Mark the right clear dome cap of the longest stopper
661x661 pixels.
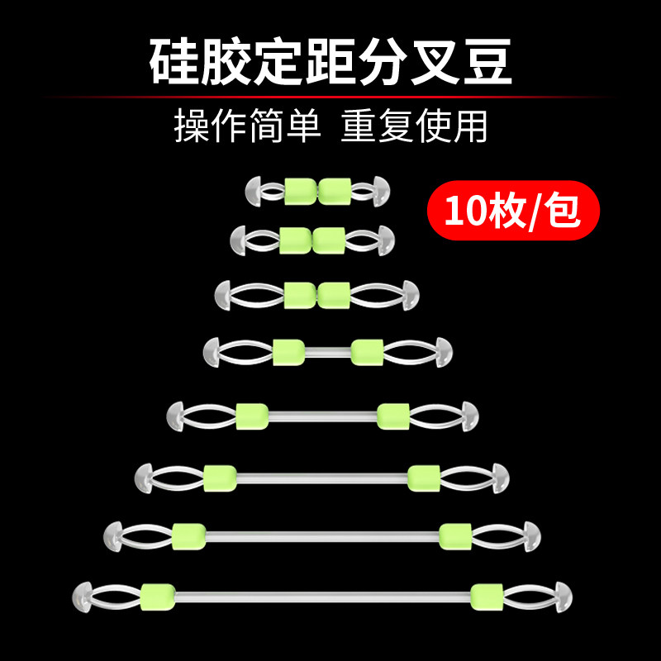(x=564, y=595)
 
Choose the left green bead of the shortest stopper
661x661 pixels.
(x=300, y=191)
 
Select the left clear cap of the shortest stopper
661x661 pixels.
(x=254, y=191)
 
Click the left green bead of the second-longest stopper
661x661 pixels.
(x=188, y=535)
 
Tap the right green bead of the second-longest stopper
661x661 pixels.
(x=455, y=535)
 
